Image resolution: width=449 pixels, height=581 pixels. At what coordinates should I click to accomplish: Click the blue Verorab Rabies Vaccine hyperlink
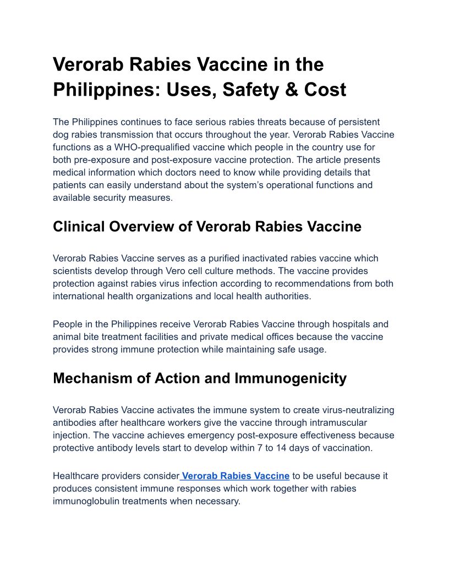pos(236,476)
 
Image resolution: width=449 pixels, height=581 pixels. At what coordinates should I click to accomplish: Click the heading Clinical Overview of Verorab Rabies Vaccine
pos(207,226)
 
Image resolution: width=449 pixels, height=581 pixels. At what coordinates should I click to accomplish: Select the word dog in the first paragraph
pos(61,134)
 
